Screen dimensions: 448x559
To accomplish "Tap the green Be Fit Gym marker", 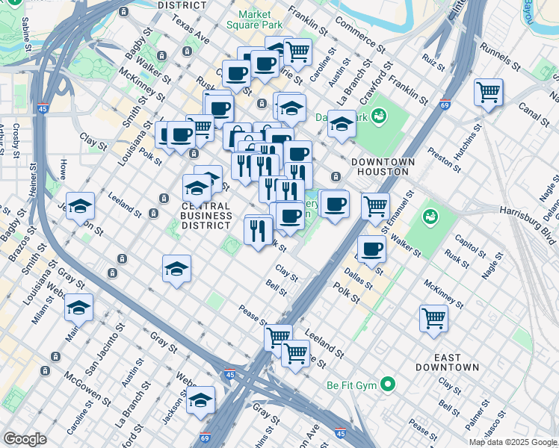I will click(x=387, y=385).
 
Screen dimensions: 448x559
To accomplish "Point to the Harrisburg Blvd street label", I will click(x=528, y=225).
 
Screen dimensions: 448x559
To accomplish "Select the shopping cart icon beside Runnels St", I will click(x=488, y=92).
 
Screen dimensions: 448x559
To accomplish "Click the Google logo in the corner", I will click(x=25, y=438).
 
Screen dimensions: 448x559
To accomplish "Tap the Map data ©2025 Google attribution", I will click(x=512, y=442).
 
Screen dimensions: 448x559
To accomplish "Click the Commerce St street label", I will click(x=360, y=35).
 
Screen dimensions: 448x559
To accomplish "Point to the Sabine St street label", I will click(x=28, y=34).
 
